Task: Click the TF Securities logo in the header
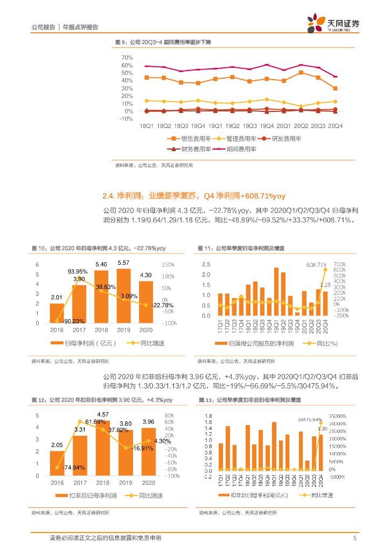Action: point(333,24)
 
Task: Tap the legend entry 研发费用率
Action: point(287,138)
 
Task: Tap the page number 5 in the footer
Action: point(354,538)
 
